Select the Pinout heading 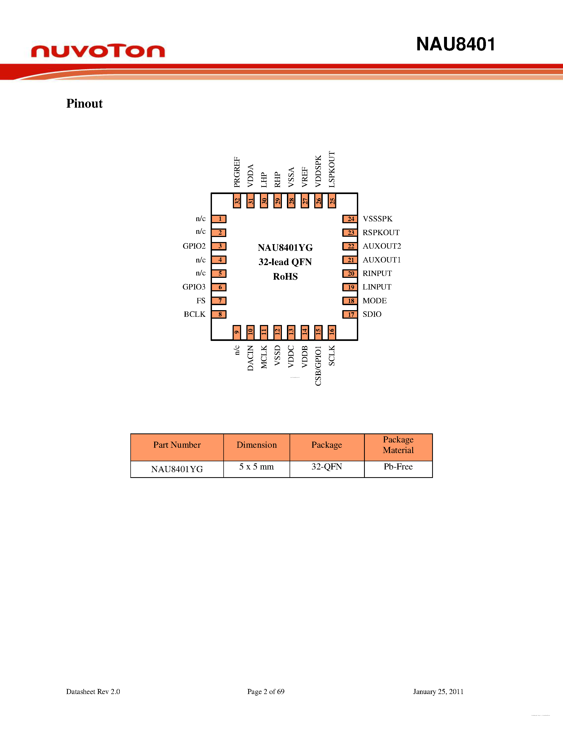pos(84,103)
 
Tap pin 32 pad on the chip pos(237,201)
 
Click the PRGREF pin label pos(237,172)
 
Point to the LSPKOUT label pos(332,169)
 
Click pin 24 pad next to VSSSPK pos(350,219)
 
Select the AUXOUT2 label pos(382,246)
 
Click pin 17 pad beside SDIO pos(350,314)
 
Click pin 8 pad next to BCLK pos(219,314)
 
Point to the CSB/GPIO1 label pos(318,366)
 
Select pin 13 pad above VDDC pos(291,332)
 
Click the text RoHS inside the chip pos(285,277)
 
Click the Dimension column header pos(256,445)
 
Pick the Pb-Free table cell pos(398,467)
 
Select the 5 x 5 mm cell pos(256,467)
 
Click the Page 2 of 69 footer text pos(265,692)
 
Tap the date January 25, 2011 pos(438,692)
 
